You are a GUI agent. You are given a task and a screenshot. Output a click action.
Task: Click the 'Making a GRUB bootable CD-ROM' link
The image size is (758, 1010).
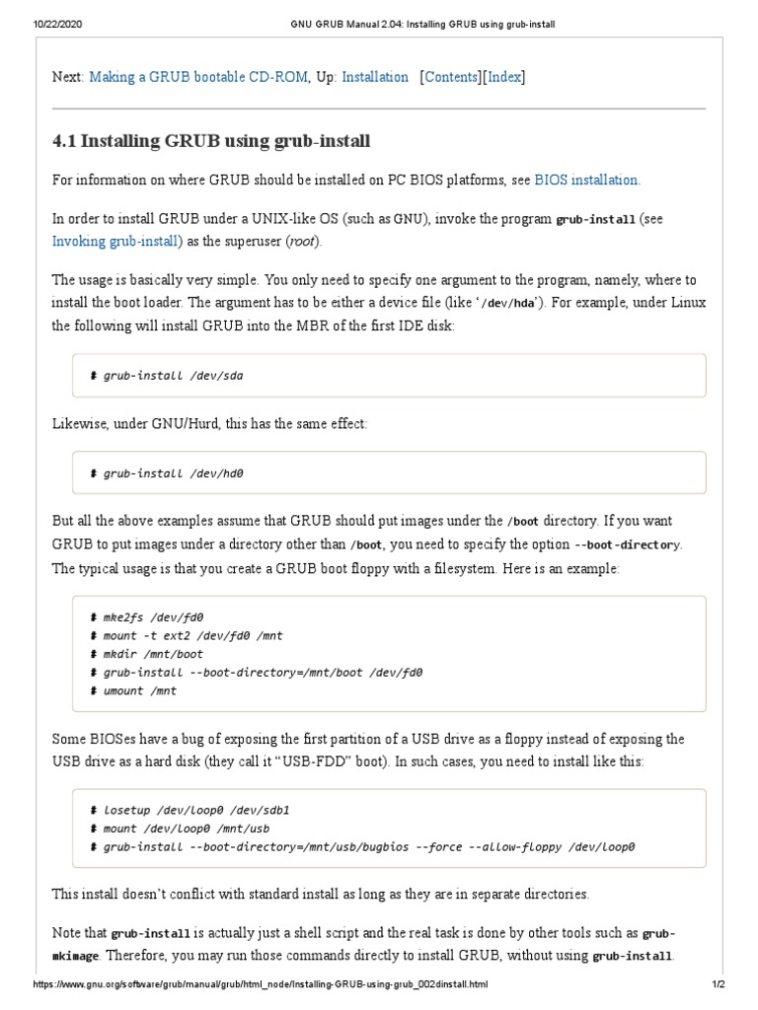pos(196,77)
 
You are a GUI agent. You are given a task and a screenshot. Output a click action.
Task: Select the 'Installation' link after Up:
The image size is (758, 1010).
pos(374,77)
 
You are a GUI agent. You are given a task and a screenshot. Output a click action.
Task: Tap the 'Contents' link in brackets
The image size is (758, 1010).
pos(451,77)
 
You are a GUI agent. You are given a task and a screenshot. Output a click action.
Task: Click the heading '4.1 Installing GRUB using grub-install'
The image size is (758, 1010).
pos(210,141)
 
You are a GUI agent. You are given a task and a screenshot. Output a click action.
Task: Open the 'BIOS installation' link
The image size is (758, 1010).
pos(586,180)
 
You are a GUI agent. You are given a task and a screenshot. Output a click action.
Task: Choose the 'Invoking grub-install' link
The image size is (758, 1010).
pos(115,240)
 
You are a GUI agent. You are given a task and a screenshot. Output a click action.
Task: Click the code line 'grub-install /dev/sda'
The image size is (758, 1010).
pos(173,377)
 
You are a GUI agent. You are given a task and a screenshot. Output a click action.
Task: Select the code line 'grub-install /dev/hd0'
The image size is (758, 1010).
pos(173,473)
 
